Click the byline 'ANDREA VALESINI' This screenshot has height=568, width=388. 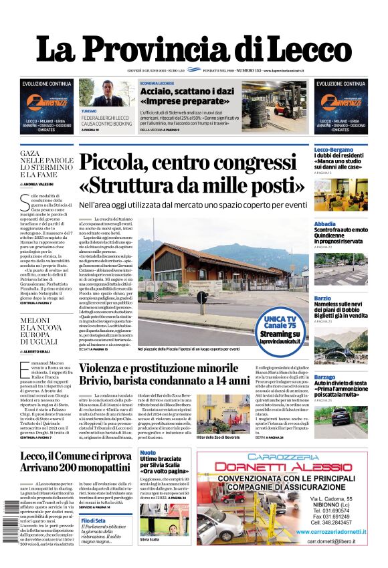pyautogui.click(x=41, y=183)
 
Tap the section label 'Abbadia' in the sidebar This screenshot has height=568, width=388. pyautogui.click(x=325, y=224)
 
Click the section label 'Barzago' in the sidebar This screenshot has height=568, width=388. pyautogui.click(x=325, y=377)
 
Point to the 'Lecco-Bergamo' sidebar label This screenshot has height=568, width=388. pyautogui.click(x=334, y=149)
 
